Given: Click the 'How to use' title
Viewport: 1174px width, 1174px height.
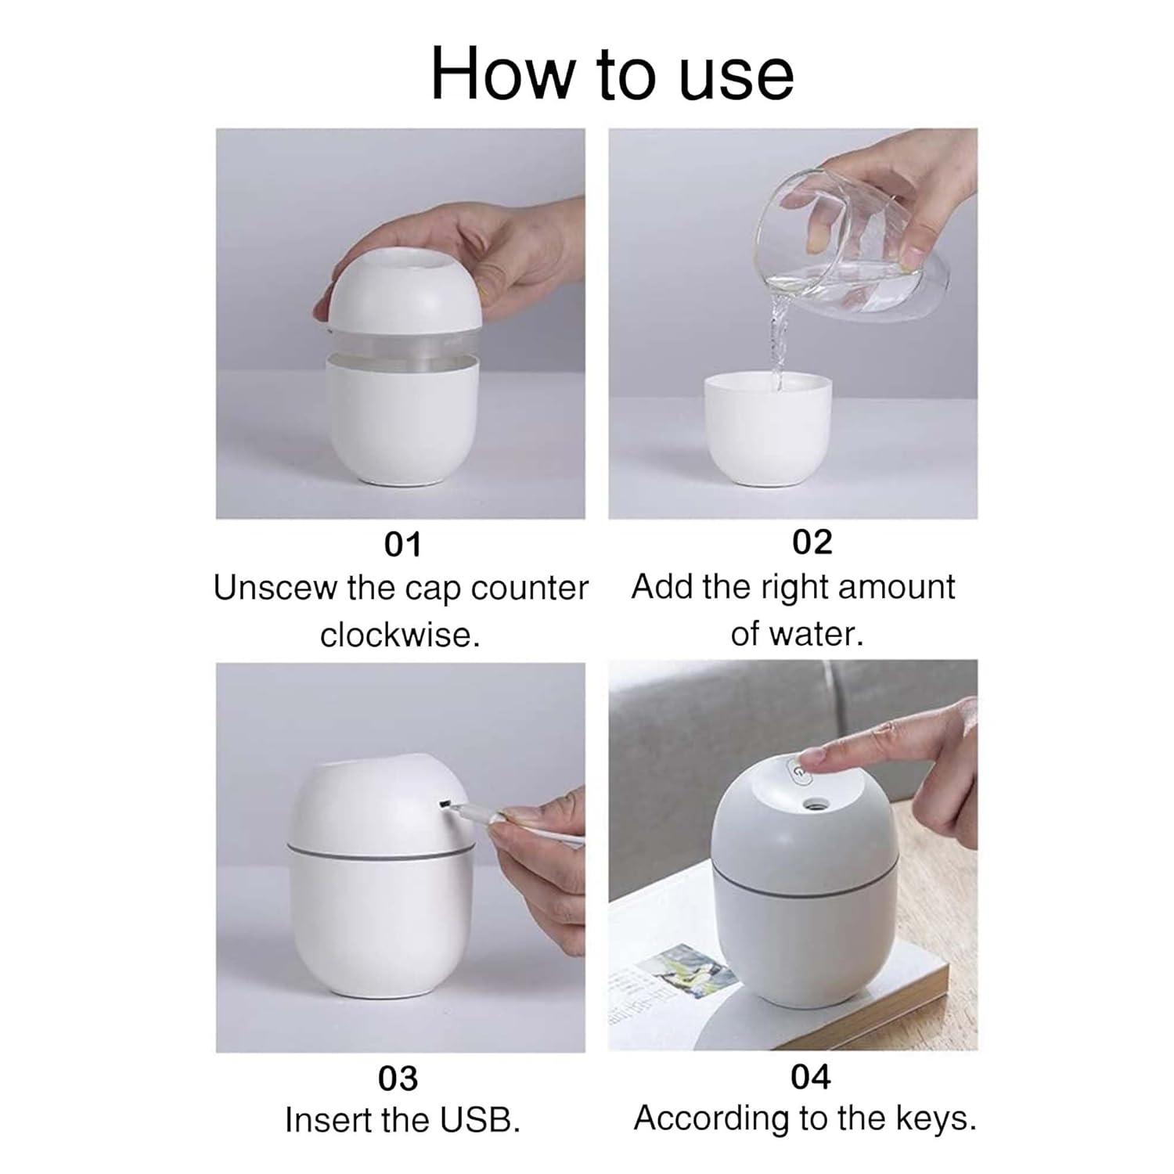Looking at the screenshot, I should click(612, 74).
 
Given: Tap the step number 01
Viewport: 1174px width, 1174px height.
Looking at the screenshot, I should click(402, 545).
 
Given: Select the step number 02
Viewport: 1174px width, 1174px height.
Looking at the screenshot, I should click(812, 542).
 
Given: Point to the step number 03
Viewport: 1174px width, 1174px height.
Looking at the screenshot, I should click(398, 1079).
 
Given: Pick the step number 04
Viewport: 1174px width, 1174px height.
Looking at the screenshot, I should click(810, 1077).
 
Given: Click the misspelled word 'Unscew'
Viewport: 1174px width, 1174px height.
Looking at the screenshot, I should click(275, 589).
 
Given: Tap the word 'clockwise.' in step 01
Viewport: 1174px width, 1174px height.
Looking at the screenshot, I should click(400, 635).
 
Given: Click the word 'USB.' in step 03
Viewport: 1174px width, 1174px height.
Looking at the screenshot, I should click(480, 1120).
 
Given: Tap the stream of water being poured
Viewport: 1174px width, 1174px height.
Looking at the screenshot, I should click(775, 344).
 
